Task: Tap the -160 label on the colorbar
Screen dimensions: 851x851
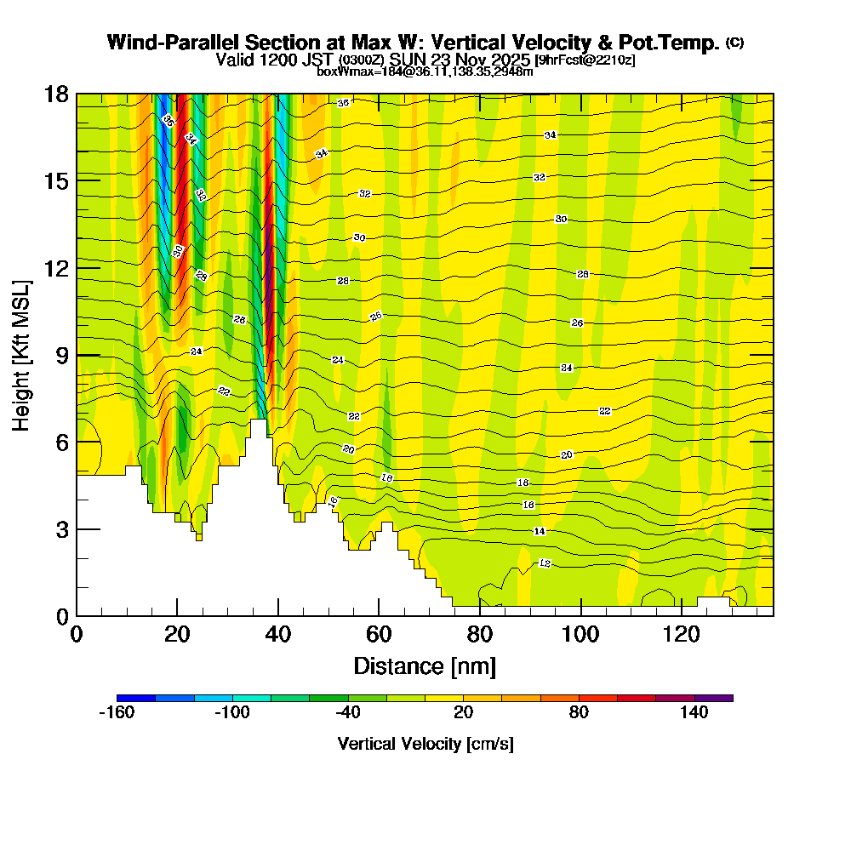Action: click(x=117, y=713)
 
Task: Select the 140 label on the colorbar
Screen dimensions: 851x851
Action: click(x=694, y=713)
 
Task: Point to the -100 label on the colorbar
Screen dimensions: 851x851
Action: click(x=231, y=713)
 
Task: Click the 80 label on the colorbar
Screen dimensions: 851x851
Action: click(x=579, y=713)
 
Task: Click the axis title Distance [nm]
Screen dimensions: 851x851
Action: click(x=425, y=665)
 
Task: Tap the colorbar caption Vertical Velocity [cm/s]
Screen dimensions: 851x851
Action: click(x=425, y=744)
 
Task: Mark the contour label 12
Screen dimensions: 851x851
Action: click(x=545, y=563)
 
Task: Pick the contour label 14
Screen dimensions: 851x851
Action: click(x=539, y=531)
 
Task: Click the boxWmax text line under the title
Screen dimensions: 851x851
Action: click(x=425, y=71)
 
